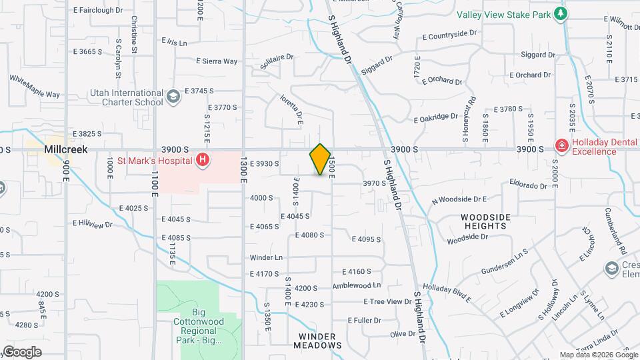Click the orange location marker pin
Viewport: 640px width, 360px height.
coord(321,159)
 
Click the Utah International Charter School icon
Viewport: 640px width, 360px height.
coord(173,97)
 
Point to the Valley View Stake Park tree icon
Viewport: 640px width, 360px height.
coord(561,14)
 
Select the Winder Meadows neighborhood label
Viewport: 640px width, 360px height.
coord(317,341)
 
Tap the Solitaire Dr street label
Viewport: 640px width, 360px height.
coord(276,58)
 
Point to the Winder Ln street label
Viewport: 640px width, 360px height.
coord(266,257)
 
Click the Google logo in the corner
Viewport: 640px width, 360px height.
coord(23,351)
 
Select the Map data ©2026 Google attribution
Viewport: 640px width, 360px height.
coord(598,355)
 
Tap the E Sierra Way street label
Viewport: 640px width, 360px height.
coord(217,61)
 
